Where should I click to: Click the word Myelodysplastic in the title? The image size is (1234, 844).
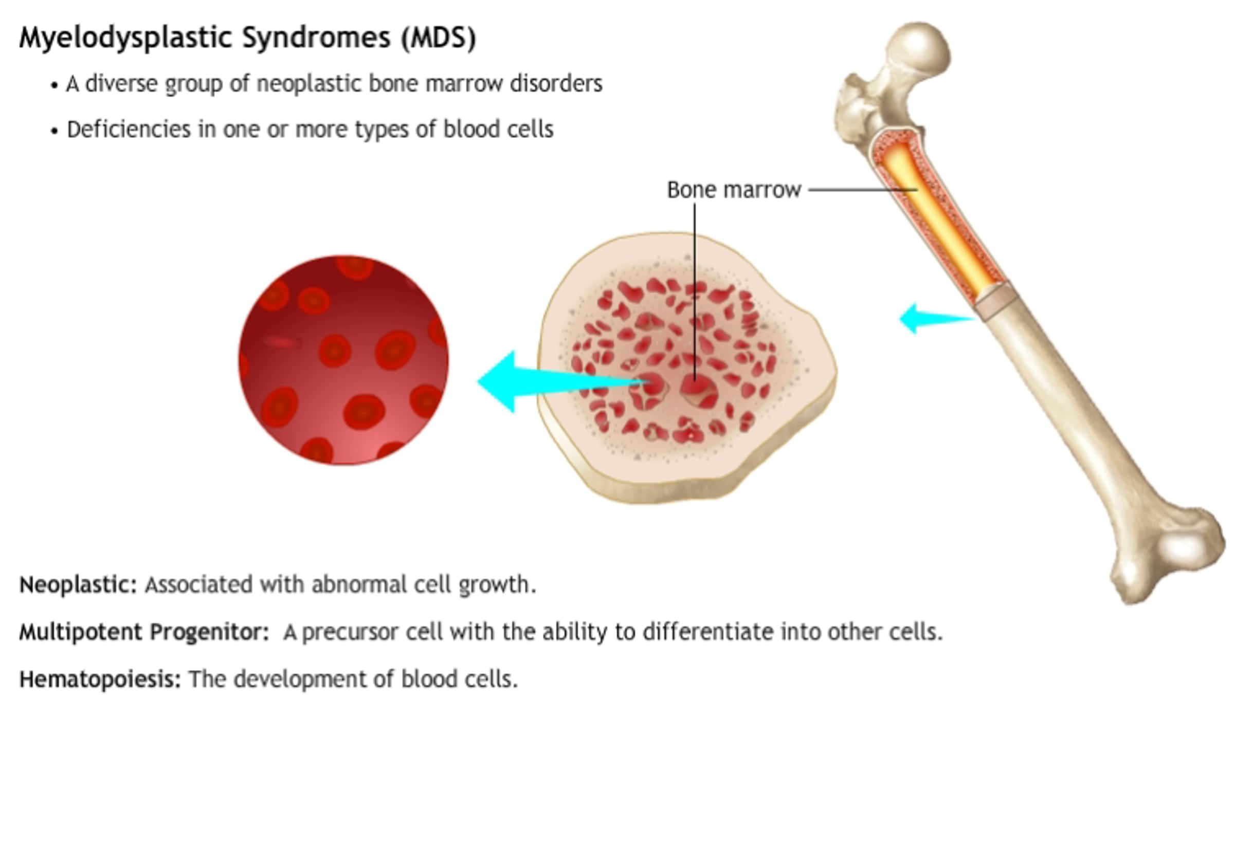pyautogui.click(x=126, y=38)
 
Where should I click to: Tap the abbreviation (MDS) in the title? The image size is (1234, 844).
pyautogui.click(x=439, y=38)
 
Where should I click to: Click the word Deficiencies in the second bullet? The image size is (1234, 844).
pyautogui.click(x=129, y=129)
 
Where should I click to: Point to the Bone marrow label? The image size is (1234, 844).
pyautogui.click(x=734, y=190)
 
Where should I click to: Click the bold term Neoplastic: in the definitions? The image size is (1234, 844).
pyautogui.click(x=78, y=584)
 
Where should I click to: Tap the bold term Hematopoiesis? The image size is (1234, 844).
pyautogui.click(x=100, y=679)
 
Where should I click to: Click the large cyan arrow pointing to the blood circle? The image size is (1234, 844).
pyautogui.click(x=563, y=381)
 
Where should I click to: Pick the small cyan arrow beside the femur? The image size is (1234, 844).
pyautogui.click(x=937, y=319)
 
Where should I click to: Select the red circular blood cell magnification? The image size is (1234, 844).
pyautogui.click(x=343, y=360)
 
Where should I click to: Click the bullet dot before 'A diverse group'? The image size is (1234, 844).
pyautogui.click(x=54, y=85)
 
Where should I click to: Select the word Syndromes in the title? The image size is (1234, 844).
pyautogui.click(x=316, y=38)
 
